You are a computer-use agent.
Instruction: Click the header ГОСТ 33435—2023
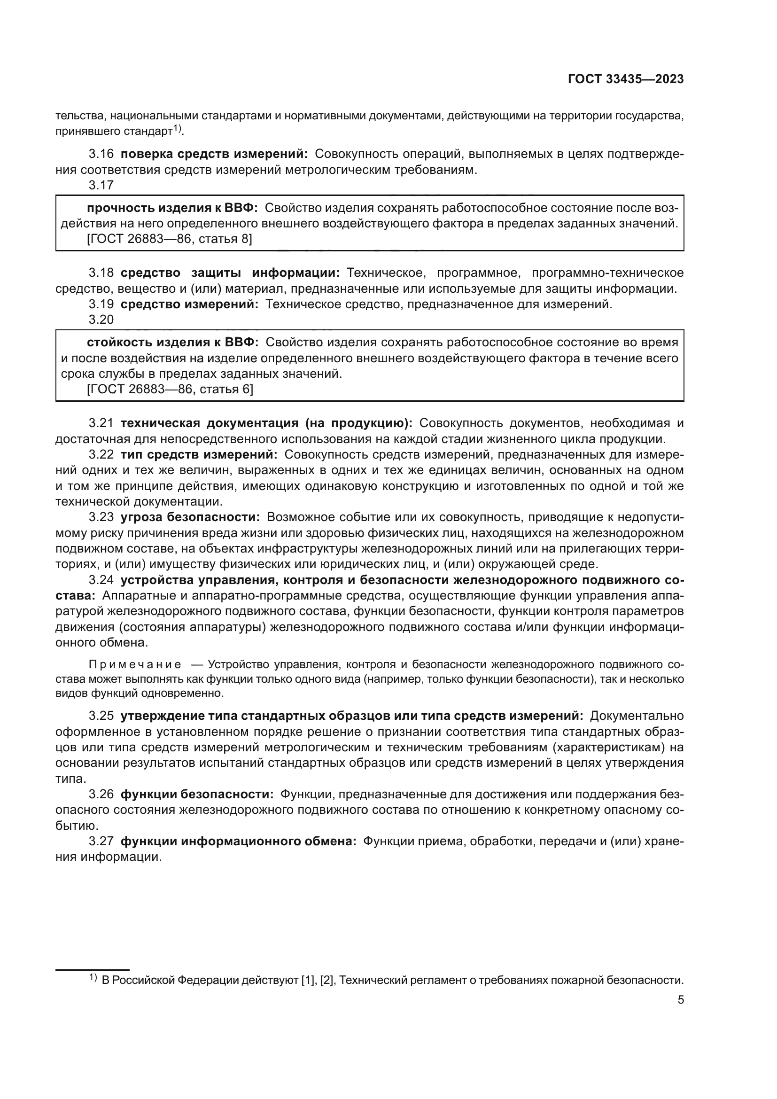pos(625,79)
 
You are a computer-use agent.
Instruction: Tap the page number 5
pos(680,1000)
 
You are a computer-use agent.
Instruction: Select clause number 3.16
pos(101,154)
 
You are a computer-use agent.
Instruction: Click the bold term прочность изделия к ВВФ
pos(172,208)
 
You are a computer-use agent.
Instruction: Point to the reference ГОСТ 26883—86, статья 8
pos(170,239)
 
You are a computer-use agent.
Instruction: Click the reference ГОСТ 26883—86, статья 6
pos(170,389)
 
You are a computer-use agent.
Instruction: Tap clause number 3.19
pos(101,304)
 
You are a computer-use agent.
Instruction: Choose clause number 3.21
pos(101,423)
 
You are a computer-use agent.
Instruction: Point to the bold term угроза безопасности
pos(190,517)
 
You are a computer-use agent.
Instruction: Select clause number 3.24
pos(101,580)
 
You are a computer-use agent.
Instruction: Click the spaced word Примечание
pos(135,664)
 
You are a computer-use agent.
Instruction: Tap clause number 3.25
pos(101,716)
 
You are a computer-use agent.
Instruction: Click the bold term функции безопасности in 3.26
pos(197,794)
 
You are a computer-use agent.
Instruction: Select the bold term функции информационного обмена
pos(238,841)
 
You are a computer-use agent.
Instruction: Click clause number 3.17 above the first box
pos(101,185)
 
